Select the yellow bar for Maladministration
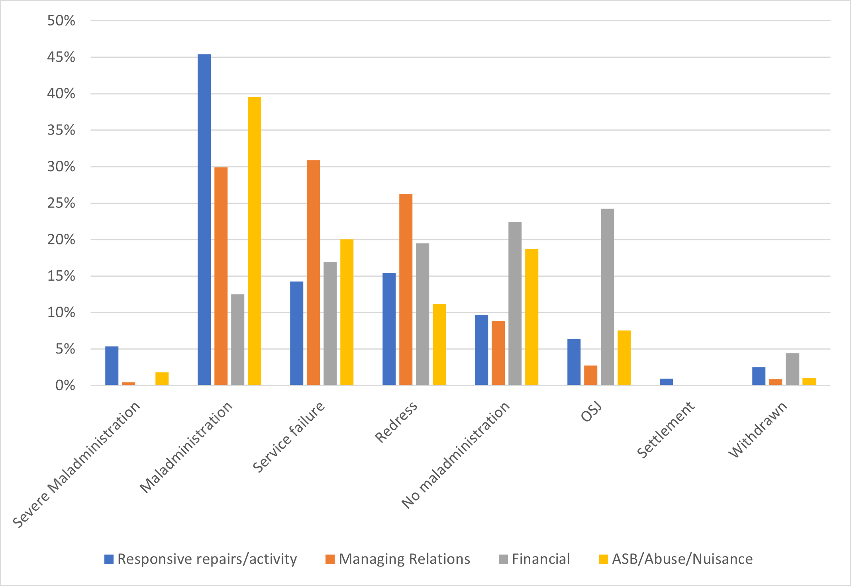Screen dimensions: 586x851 point(254,241)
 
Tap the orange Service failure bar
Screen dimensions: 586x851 point(313,273)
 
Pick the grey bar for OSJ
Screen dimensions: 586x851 point(607,297)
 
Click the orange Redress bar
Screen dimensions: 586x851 point(406,289)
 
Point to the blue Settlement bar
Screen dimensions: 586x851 point(666,382)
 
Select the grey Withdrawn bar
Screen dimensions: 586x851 point(792,369)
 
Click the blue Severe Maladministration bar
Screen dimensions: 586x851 point(112,366)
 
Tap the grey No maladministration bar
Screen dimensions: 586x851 point(515,303)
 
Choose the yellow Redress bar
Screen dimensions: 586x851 point(439,344)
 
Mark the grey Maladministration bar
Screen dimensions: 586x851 point(237,340)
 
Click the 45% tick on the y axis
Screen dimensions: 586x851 point(61,57)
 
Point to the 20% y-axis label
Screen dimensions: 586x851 point(61,240)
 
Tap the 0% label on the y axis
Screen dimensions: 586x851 point(65,385)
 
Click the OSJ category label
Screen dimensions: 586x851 point(591,412)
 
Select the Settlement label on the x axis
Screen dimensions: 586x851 point(665,430)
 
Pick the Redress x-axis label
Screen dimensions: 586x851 point(396,422)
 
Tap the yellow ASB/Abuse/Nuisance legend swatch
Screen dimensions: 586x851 point(603,559)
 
